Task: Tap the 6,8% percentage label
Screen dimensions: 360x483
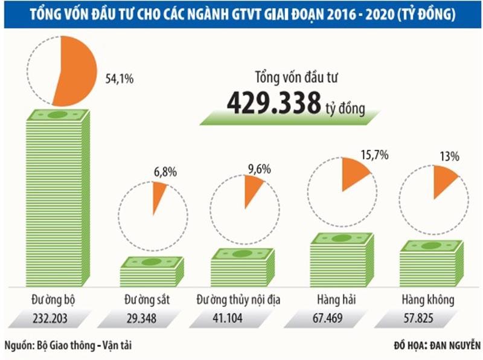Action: click(165, 172)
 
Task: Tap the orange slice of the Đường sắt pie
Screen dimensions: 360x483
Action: click(158, 197)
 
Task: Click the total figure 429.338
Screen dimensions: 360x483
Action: click(273, 104)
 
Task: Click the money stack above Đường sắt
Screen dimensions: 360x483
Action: click(150, 271)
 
